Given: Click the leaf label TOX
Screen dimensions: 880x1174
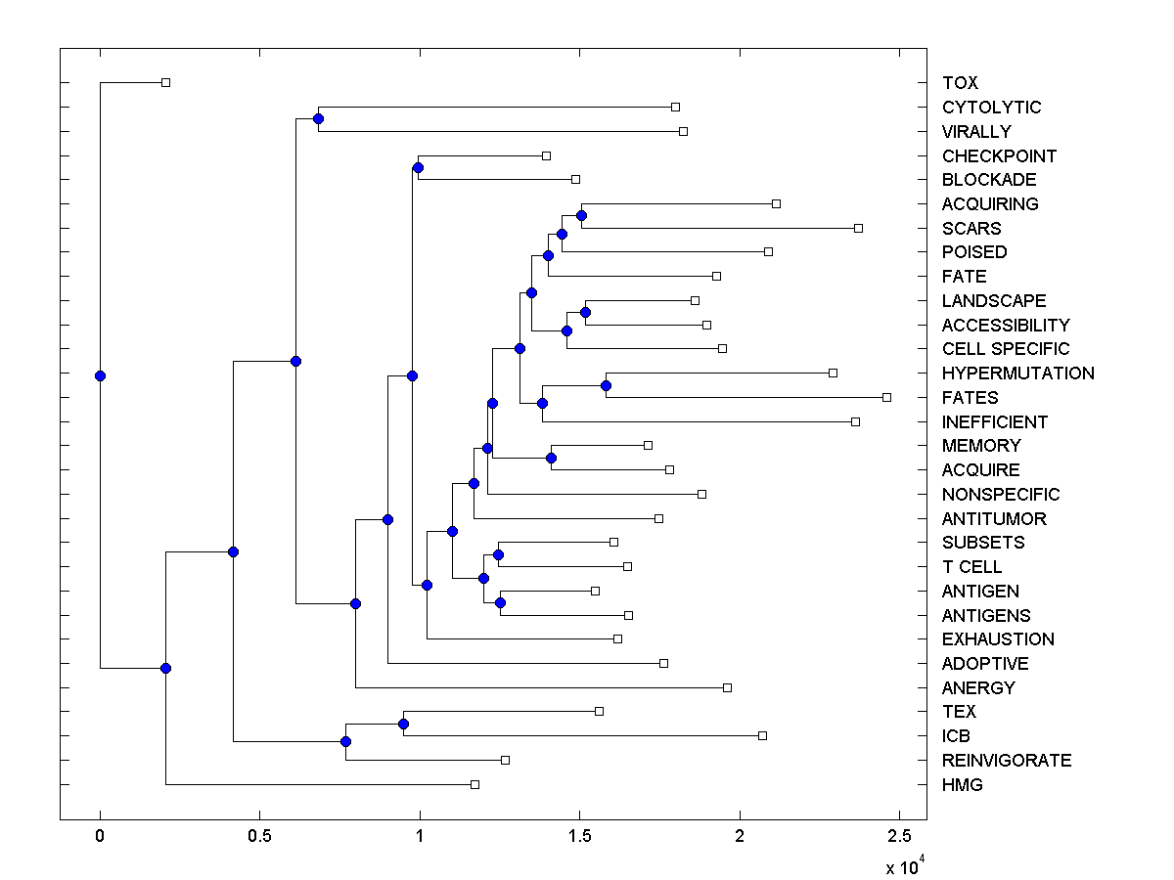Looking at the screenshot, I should coord(960,83).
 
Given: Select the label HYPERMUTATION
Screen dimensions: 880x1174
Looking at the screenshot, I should coord(1017,374).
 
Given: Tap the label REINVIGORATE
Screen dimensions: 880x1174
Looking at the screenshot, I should coord(1006,761).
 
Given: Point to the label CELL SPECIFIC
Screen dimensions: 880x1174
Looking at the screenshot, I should coord(1005,349).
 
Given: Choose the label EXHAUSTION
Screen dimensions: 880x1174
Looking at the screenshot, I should coord(998,639).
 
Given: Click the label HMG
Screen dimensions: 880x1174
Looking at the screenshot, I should coord(962,785).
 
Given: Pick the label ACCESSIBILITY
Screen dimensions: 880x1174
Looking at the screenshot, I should coord(1005,325).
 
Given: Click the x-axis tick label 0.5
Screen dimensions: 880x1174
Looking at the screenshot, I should coord(259,836).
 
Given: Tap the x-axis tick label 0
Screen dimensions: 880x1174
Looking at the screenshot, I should coord(100,836).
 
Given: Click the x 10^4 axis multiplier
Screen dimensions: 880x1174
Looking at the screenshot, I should coord(904,867).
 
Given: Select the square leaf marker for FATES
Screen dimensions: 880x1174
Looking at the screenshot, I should coord(886,397).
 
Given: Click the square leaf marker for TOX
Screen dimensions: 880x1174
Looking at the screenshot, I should coord(165,82).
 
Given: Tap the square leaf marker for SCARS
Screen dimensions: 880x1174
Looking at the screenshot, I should coord(858,228).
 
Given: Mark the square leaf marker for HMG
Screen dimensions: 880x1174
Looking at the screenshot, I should coord(474,784).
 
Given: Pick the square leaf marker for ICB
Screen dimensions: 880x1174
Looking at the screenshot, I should coord(762,735).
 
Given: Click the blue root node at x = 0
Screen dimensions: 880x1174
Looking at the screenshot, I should coord(100,375).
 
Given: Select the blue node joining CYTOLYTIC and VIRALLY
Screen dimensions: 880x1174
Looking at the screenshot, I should coord(318,118).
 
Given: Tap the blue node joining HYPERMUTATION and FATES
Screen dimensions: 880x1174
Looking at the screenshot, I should coord(606,385).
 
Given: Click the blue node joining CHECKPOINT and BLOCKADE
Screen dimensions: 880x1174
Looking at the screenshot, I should coord(418,167).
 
